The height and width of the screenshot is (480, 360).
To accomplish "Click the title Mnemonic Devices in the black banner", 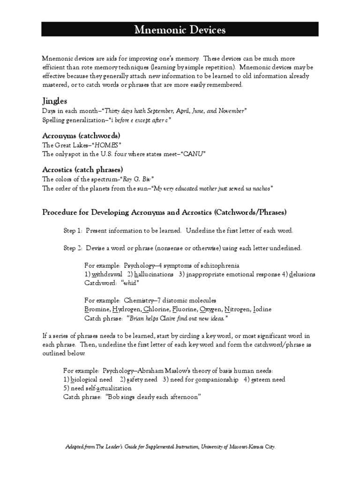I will (x=180, y=30).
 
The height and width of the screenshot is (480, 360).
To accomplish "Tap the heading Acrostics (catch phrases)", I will (x=83, y=169).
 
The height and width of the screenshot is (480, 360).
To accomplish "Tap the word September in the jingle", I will (x=158, y=111).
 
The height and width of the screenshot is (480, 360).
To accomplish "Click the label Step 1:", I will (x=73, y=231).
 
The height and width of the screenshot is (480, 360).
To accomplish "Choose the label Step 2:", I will (x=73, y=248).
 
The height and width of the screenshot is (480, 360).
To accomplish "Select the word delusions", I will (x=302, y=274).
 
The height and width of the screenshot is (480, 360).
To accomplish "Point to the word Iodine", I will (x=262, y=309).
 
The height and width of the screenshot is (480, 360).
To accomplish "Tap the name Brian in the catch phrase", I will (x=137, y=318).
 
